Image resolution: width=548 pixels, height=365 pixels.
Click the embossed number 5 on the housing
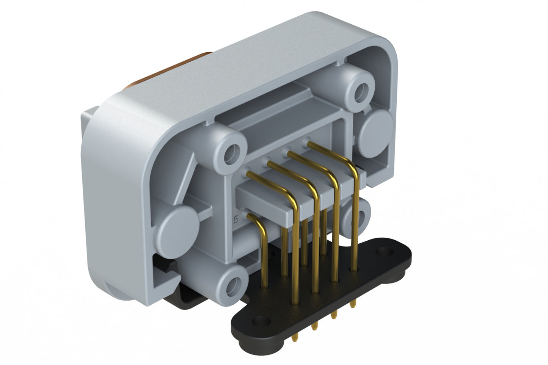pyautogui.click(x=236, y=219)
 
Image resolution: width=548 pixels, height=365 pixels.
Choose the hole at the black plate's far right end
pyautogui.click(x=387, y=251)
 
